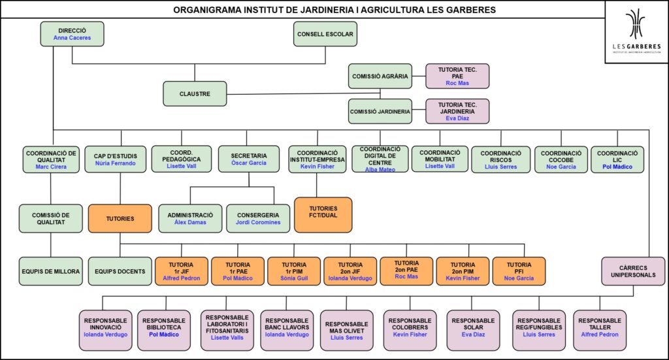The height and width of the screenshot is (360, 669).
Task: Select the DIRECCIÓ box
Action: [72, 34]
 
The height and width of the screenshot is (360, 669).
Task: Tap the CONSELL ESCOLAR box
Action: [325, 34]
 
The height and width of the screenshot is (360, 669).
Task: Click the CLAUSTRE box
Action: [195, 93]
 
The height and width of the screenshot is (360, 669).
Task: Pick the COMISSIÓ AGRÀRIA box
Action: [380, 76]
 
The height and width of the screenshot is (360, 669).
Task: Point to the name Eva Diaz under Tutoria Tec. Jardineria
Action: [457, 118]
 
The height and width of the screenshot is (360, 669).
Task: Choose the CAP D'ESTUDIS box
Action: [110, 159]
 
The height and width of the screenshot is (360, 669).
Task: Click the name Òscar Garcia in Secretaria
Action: [249, 163]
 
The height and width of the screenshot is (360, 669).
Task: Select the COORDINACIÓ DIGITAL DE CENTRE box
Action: [380, 159]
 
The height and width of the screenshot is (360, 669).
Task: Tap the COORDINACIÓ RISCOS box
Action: [500, 159]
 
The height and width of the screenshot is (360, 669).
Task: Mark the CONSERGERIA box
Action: [257, 218]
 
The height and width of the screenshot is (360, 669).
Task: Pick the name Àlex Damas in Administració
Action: [190, 222]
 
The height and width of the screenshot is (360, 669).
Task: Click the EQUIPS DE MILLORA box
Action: [50, 271]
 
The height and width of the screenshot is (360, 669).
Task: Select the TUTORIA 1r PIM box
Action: [294, 271]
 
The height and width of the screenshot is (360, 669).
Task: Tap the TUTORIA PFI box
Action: [519, 271]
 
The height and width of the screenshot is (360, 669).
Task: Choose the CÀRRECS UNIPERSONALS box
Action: [633, 271]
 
